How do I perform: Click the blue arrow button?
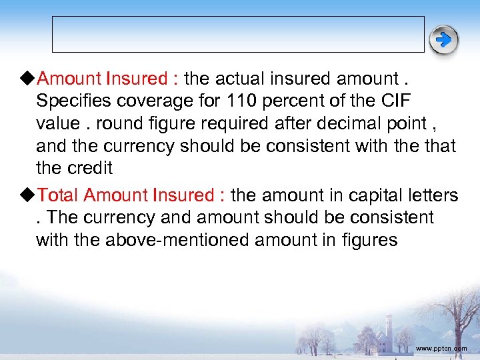tap(443, 41)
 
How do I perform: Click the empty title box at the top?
tap(238, 34)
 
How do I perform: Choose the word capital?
tap(372, 195)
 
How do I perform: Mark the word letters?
tap(431, 195)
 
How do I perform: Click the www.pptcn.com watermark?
tap(441, 349)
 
